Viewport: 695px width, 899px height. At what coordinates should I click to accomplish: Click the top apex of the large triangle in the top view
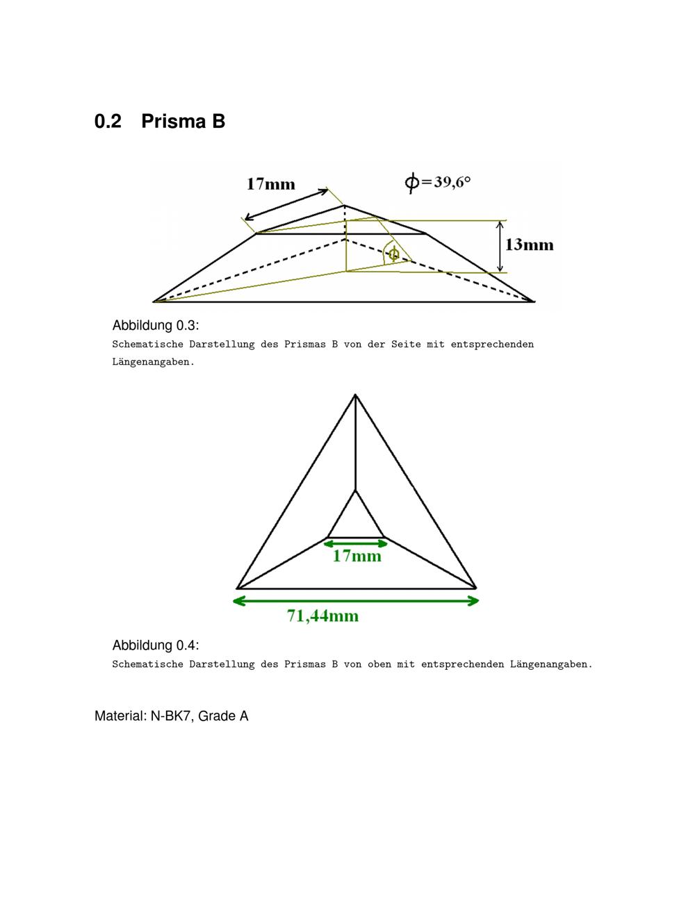click(x=355, y=395)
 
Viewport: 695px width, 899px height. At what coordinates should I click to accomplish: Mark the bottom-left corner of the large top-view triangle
click(x=237, y=588)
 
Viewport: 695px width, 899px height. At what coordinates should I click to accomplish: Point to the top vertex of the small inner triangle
click(x=355, y=490)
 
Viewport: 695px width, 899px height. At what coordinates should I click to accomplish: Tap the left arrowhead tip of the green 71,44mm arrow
click(x=233, y=601)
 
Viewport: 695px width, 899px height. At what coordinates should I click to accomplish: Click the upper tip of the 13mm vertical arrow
click(x=500, y=222)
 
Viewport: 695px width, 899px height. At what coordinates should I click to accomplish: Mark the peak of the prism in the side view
click(x=344, y=205)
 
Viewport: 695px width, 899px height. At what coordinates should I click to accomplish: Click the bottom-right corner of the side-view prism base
click(x=534, y=302)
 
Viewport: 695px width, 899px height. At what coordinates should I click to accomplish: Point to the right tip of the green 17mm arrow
click(x=388, y=543)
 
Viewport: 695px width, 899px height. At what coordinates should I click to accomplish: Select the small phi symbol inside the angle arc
click(x=394, y=253)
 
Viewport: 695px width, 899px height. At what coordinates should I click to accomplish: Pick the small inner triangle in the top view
click(x=356, y=514)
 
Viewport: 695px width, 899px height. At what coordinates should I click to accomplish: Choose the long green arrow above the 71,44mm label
click(x=356, y=601)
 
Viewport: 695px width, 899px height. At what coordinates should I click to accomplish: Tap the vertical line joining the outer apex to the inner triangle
click(x=355, y=443)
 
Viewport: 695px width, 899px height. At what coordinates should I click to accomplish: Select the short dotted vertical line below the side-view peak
click(x=345, y=222)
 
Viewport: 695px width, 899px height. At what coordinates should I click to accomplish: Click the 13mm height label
click(x=529, y=245)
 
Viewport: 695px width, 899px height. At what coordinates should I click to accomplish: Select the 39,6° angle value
click(x=452, y=182)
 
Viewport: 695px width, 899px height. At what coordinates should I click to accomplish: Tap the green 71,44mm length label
click(x=322, y=616)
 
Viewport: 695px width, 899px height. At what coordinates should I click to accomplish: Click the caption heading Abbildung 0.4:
click(x=156, y=645)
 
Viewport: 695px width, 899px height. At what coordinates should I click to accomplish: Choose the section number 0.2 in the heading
click(x=108, y=121)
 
